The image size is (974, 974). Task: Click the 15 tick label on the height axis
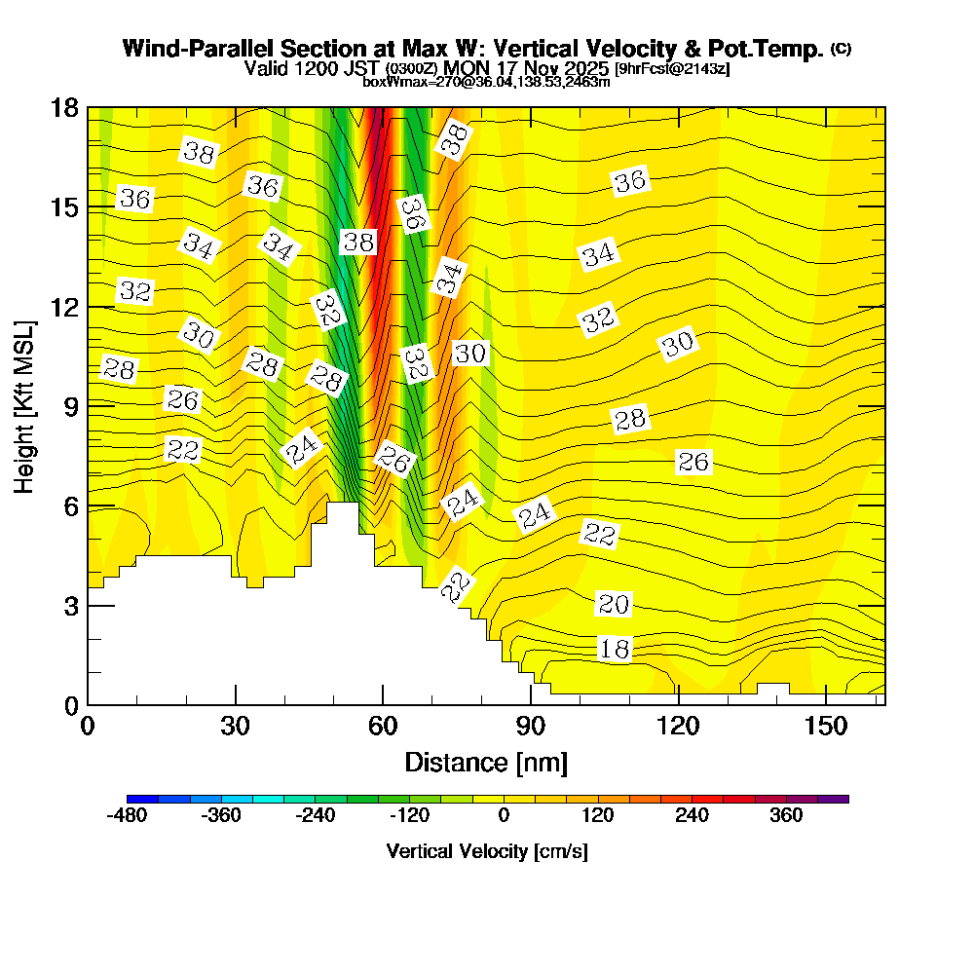[66, 207]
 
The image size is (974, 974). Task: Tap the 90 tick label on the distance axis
[530, 727]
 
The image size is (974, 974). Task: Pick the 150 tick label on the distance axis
[825, 727]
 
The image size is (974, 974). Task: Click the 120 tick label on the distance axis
[678, 727]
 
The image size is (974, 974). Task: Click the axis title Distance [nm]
[486, 762]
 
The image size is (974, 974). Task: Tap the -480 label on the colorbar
[126, 815]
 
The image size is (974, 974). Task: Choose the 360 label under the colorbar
[786, 815]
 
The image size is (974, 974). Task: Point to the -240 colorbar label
[315, 815]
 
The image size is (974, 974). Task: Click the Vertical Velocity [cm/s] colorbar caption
[487, 851]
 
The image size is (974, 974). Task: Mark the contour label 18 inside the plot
[615, 650]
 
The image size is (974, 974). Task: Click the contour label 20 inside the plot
[613, 605]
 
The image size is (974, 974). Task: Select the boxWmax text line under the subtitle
[486, 82]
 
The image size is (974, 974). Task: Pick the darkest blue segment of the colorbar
[134, 799]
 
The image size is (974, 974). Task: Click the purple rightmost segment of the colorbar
[841, 799]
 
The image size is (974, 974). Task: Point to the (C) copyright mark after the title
[842, 49]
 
